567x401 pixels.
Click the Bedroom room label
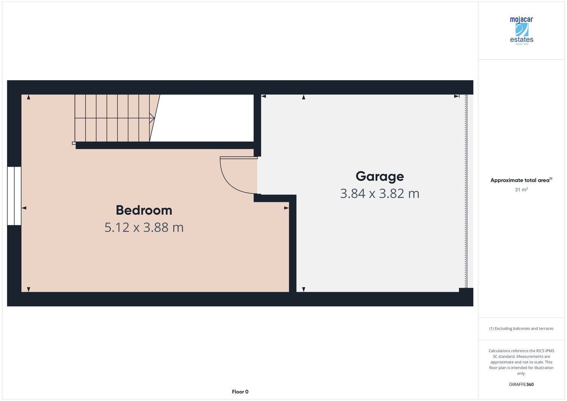pyautogui.click(x=144, y=211)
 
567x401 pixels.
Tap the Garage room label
pyautogui.click(x=380, y=177)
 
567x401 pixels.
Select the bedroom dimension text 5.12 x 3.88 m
pyautogui.click(x=144, y=228)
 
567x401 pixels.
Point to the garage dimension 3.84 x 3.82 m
pyautogui.click(x=380, y=194)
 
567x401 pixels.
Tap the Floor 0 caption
pyautogui.click(x=240, y=392)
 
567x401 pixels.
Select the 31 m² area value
pyautogui.click(x=521, y=189)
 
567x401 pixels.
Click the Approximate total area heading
pyautogui.click(x=521, y=180)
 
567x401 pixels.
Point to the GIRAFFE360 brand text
pyautogui.click(x=521, y=384)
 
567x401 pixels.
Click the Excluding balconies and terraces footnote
pyautogui.click(x=521, y=328)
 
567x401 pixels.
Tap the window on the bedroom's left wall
pyautogui.click(x=14, y=196)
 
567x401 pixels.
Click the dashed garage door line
pyautogui.click(x=466, y=191)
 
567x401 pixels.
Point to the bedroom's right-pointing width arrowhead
pyautogui.click(x=287, y=208)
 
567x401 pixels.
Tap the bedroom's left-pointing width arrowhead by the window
pyautogui.click(x=24, y=208)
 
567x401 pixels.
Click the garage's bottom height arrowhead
pyautogui.click(x=304, y=290)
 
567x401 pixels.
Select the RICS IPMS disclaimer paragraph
pyautogui.click(x=521, y=362)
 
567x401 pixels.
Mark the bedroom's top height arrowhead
pyautogui.click(x=29, y=97)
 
